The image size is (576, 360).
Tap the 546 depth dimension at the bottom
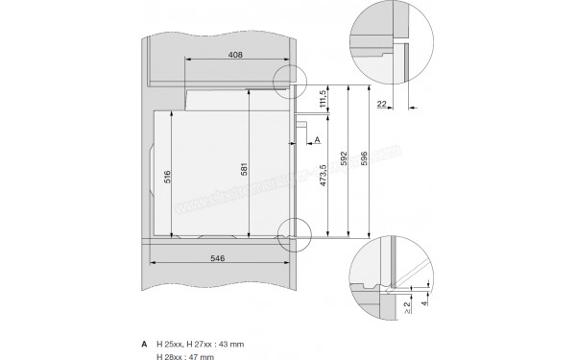coord(220,259)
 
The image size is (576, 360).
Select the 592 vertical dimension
coord(342,161)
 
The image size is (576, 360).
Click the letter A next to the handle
coord(317,140)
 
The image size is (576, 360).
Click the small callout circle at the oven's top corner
coord(289,81)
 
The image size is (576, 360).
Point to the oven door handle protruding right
coord(305,119)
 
